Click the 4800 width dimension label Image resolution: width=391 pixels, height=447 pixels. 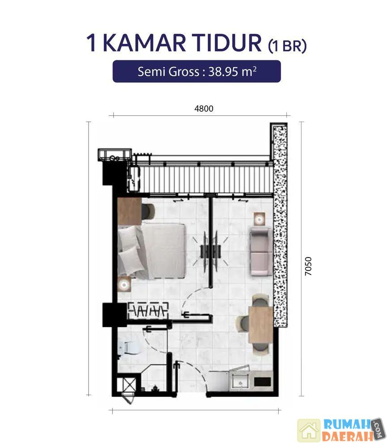(x=204, y=109)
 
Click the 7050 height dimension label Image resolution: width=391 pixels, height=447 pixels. (x=309, y=266)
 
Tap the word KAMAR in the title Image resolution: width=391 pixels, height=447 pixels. (x=144, y=43)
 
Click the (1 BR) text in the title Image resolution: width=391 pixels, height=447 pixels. (x=287, y=45)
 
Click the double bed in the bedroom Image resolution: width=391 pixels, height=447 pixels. (x=152, y=251)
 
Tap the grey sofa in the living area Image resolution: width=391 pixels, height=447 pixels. (x=261, y=251)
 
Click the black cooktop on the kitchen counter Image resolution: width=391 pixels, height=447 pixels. (x=262, y=382)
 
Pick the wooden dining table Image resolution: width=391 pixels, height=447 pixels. (x=261, y=325)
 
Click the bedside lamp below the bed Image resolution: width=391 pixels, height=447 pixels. (x=124, y=284)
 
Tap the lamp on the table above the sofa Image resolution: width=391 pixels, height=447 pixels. (x=259, y=219)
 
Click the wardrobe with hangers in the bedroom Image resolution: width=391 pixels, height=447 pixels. (x=148, y=310)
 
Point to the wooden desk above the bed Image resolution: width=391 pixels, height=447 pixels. (x=130, y=212)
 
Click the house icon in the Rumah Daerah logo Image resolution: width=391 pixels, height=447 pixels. (x=309, y=430)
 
